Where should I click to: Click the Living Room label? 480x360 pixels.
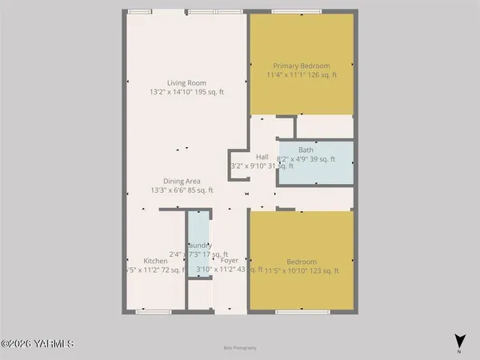click(x=186, y=82)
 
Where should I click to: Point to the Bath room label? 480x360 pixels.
click(x=306, y=150)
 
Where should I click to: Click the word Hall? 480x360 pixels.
click(x=262, y=157)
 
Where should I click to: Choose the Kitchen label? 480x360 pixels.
click(x=155, y=262)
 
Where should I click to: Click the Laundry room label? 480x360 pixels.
click(x=199, y=246)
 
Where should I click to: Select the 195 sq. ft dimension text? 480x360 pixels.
click(x=212, y=92)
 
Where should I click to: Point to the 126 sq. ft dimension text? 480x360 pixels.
click(x=324, y=75)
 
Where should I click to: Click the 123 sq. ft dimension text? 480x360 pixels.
click(x=325, y=271)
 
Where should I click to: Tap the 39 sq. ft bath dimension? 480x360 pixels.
click(x=323, y=159)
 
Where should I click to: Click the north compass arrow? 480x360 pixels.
click(x=459, y=340)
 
